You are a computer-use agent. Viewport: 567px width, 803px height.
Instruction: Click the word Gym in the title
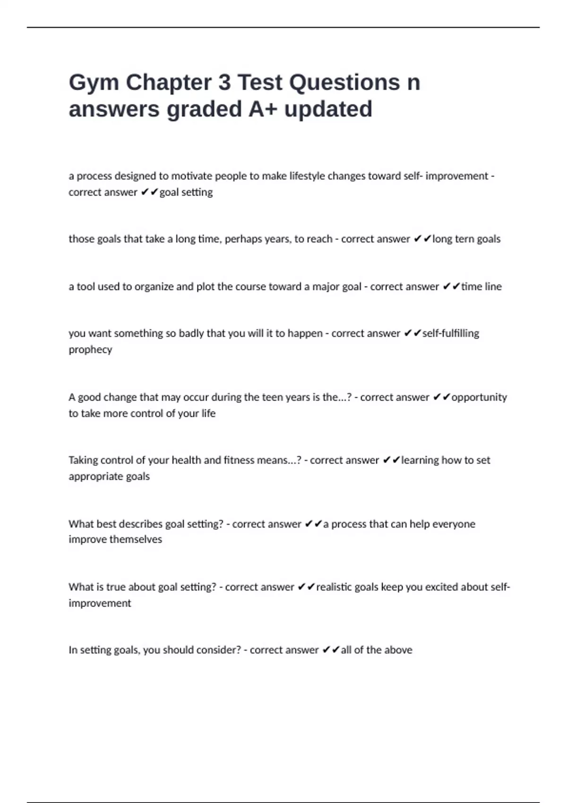click(94, 83)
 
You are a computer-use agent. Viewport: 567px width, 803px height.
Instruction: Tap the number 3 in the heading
click(224, 82)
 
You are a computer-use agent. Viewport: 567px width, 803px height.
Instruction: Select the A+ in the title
click(263, 109)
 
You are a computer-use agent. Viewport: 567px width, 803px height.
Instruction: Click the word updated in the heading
click(328, 109)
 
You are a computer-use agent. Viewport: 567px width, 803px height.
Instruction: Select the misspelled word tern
click(464, 239)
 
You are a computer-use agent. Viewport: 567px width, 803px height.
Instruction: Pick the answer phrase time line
click(481, 287)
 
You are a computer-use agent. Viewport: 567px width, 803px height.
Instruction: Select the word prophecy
click(90, 350)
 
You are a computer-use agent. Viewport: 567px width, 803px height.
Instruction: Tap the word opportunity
click(479, 397)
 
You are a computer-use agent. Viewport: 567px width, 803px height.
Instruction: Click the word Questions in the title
click(344, 82)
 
